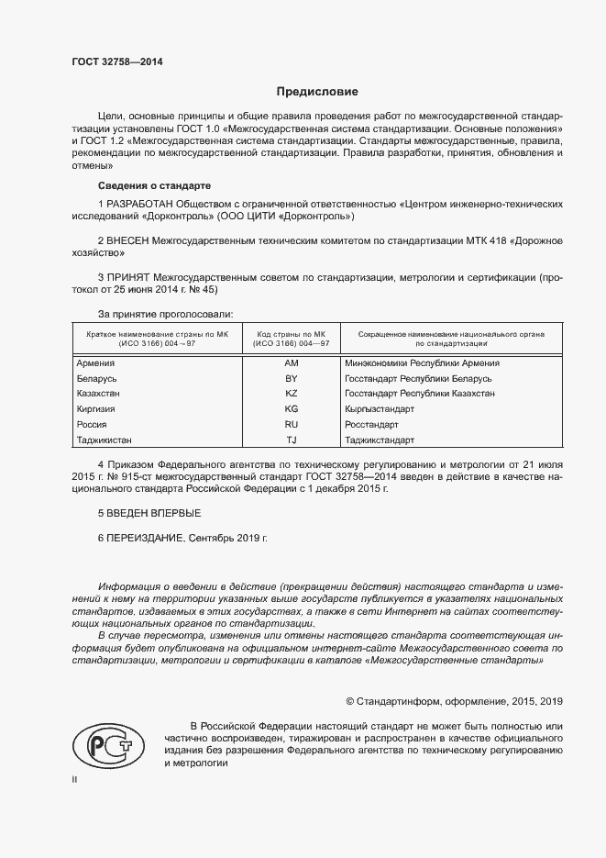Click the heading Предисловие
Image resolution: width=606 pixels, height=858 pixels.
coord(318,92)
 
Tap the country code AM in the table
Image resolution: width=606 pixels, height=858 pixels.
coord(292,363)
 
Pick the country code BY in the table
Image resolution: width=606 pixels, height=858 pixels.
coord(292,378)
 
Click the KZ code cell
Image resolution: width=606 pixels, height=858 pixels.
coord(292,393)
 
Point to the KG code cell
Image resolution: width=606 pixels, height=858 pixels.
coord(292,408)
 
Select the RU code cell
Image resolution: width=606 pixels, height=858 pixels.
coord(292,424)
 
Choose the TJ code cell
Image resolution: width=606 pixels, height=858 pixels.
coord(292,440)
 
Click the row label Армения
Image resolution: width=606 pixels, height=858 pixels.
coord(96,363)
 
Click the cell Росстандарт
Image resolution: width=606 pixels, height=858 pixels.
coord(371,424)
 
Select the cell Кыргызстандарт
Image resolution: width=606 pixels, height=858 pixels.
coord(380,408)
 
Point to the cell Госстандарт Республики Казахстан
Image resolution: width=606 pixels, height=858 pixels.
coord(419,393)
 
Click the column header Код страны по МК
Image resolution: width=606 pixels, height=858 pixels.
coord(292,336)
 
